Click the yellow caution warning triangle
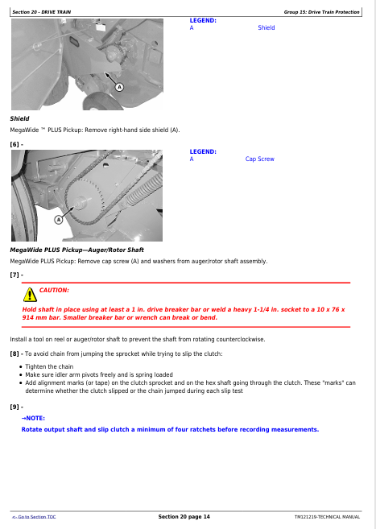click(30, 295)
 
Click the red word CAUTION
click(54, 290)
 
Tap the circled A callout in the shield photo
click(119, 87)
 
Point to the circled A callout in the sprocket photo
click(59, 220)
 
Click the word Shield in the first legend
click(266, 27)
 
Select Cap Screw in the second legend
click(260, 159)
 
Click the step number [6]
click(14, 144)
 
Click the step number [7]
click(14, 275)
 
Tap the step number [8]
click(14, 353)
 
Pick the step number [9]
click(14, 407)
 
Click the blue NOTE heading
click(33, 419)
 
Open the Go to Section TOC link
click(34, 517)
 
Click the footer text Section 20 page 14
click(184, 516)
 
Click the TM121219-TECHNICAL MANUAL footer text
click(327, 517)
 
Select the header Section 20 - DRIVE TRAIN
click(42, 12)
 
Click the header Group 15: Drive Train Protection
click(322, 12)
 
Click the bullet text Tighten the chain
click(49, 366)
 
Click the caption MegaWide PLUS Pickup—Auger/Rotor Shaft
click(76, 250)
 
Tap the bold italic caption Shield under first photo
click(19, 118)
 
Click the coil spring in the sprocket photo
click(142, 190)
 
